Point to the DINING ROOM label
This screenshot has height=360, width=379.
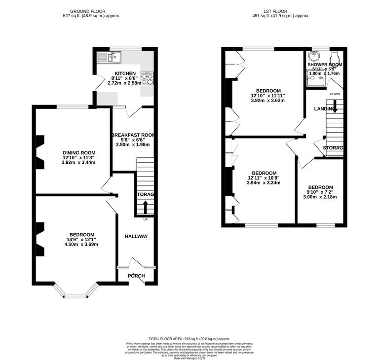pyautogui.click(x=78, y=153)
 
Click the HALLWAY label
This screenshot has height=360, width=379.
pyautogui.click(x=136, y=236)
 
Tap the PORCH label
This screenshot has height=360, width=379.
pyautogui.click(x=136, y=276)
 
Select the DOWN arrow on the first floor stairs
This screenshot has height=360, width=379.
pyautogui.click(x=335, y=105)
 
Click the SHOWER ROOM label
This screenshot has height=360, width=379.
pyautogui.click(x=325, y=65)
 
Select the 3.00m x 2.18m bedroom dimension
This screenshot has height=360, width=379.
pyautogui.click(x=320, y=197)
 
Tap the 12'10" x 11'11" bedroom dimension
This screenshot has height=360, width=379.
pyautogui.click(x=268, y=96)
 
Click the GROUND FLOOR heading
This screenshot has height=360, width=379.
pyautogui.click(x=88, y=11)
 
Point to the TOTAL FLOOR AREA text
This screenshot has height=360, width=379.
pyautogui.click(x=189, y=339)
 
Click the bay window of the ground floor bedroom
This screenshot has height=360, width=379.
pyautogui.click(x=76, y=295)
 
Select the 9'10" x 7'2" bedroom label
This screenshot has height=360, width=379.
pyautogui.click(x=320, y=192)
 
